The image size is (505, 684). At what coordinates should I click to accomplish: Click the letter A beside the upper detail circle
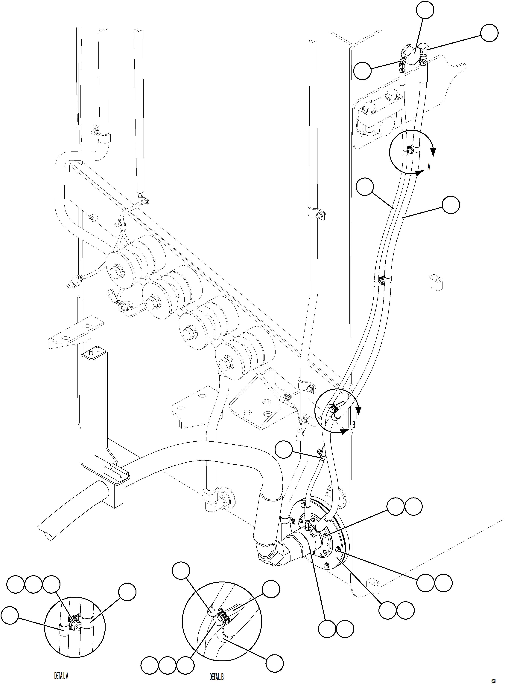pyautogui.click(x=429, y=167)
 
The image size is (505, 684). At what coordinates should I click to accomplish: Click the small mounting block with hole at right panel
pyautogui.click(x=436, y=282)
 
